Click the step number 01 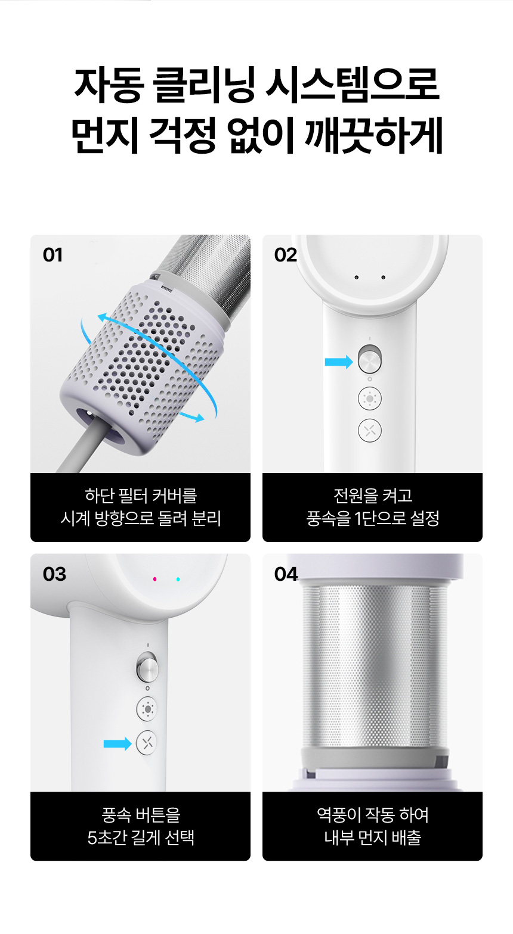click(52, 255)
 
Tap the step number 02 click(286, 255)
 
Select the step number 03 click(54, 574)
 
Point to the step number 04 click(286, 574)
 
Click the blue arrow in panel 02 click(339, 362)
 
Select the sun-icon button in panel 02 click(370, 398)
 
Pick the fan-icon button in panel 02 click(370, 430)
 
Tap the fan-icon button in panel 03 click(147, 743)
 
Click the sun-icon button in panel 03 click(147, 708)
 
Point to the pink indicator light click(155, 579)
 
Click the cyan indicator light click(178, 579)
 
